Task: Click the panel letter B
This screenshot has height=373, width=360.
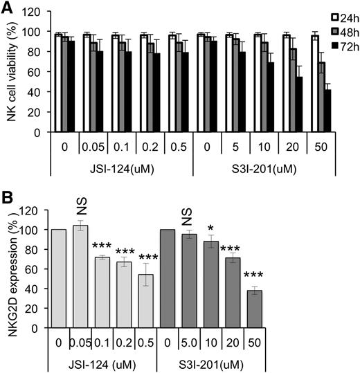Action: [8, 197]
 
